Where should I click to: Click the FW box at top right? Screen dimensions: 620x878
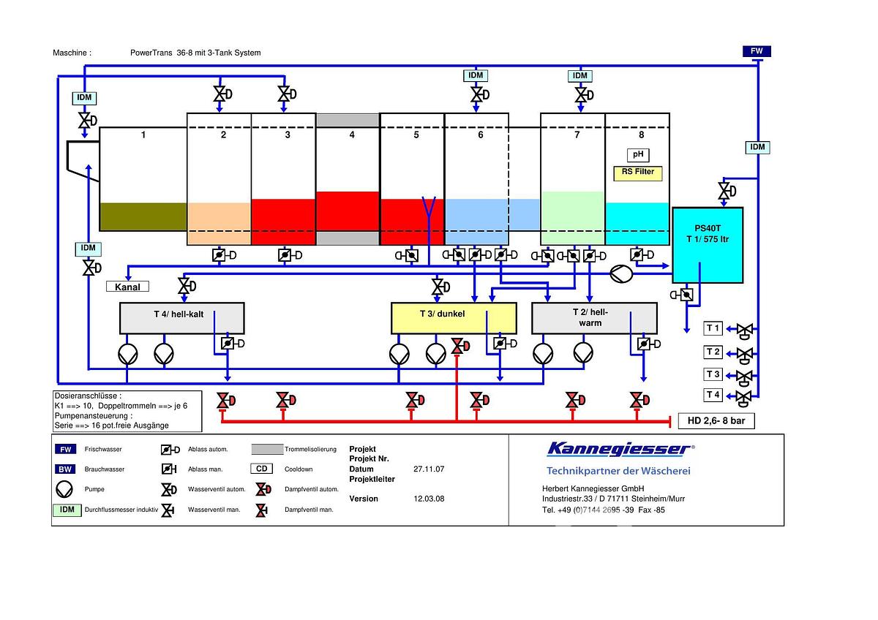coord(757,51)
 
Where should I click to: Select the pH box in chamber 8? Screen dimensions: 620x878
coord(637,155)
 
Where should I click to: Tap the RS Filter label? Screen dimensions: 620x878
coord(638,173)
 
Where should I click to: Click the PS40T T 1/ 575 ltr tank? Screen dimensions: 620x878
coord(708,245)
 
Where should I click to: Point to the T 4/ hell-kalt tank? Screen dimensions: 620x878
coord(181,318)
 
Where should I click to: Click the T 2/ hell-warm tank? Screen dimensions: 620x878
coord(593,318)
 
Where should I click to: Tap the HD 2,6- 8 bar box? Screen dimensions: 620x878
coord(716,420)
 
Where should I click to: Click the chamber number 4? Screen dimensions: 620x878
coord(352,135)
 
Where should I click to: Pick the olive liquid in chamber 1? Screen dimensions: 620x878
coord(143,216)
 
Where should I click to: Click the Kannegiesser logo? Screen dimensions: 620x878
coord(618,449)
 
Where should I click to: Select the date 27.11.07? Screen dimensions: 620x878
coord(429,469)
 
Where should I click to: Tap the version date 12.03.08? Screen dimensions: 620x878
coord(429,499)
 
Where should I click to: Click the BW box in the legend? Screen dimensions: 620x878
coord(65,469)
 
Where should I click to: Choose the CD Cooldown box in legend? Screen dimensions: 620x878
coord(261,469)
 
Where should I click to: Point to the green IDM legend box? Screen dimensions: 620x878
coord(67,510)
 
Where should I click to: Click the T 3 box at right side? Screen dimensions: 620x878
coord(713,374)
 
